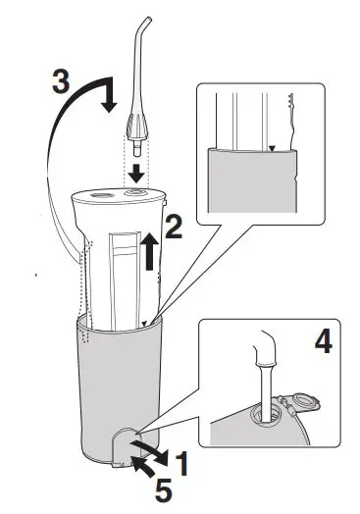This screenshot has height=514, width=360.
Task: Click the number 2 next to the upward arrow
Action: tap(173, 231)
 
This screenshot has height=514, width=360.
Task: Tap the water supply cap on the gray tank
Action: tap(126, 446)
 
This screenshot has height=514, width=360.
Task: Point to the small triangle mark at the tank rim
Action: tap(143, 320)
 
